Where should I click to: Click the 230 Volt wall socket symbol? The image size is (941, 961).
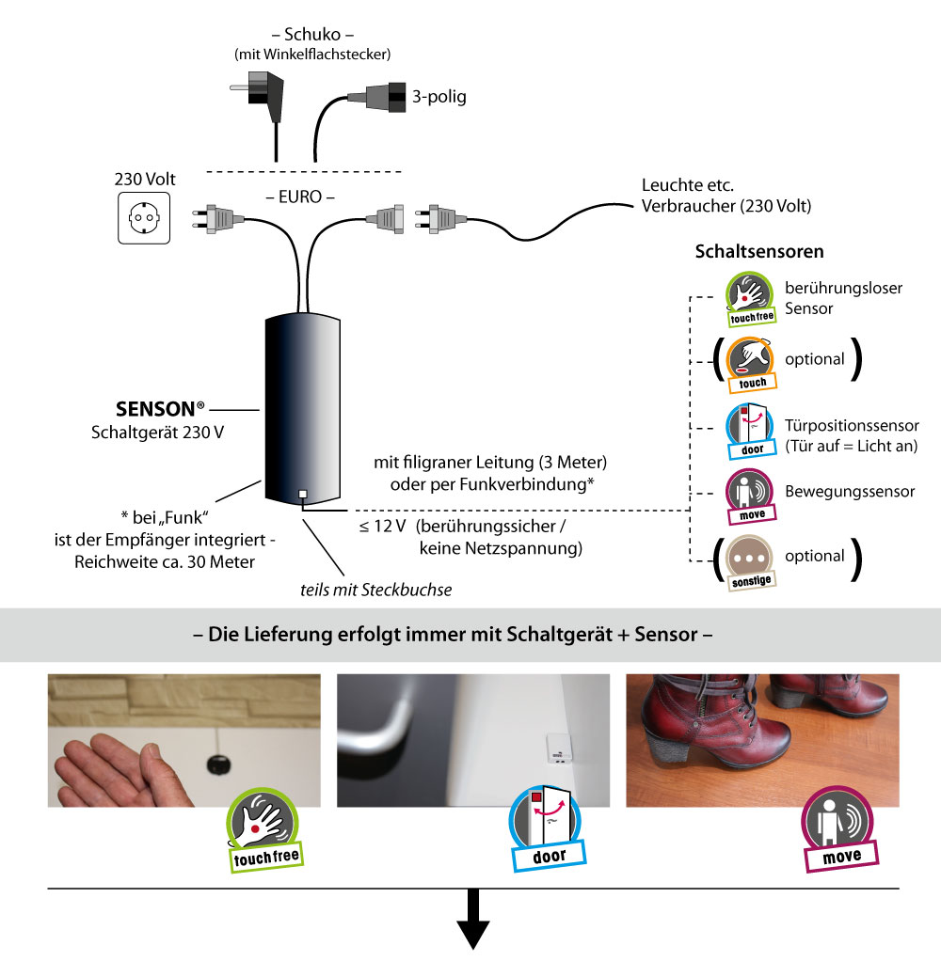click(x=143, y=219)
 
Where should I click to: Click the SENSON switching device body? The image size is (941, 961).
click(x=301, y=409)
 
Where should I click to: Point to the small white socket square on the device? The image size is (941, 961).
click(x=301, y=495)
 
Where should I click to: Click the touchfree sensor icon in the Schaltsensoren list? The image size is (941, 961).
click(x=750, y=294)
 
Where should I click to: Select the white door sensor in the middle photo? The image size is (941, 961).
click(x=555, y=751)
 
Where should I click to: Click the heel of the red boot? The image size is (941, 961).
click(x=665, y=767)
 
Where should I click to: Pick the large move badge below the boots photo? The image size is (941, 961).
click(x=840, y=833)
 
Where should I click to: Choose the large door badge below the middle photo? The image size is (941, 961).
click(x=549, y=832)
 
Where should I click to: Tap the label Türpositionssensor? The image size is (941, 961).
click(x=851, y=425)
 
